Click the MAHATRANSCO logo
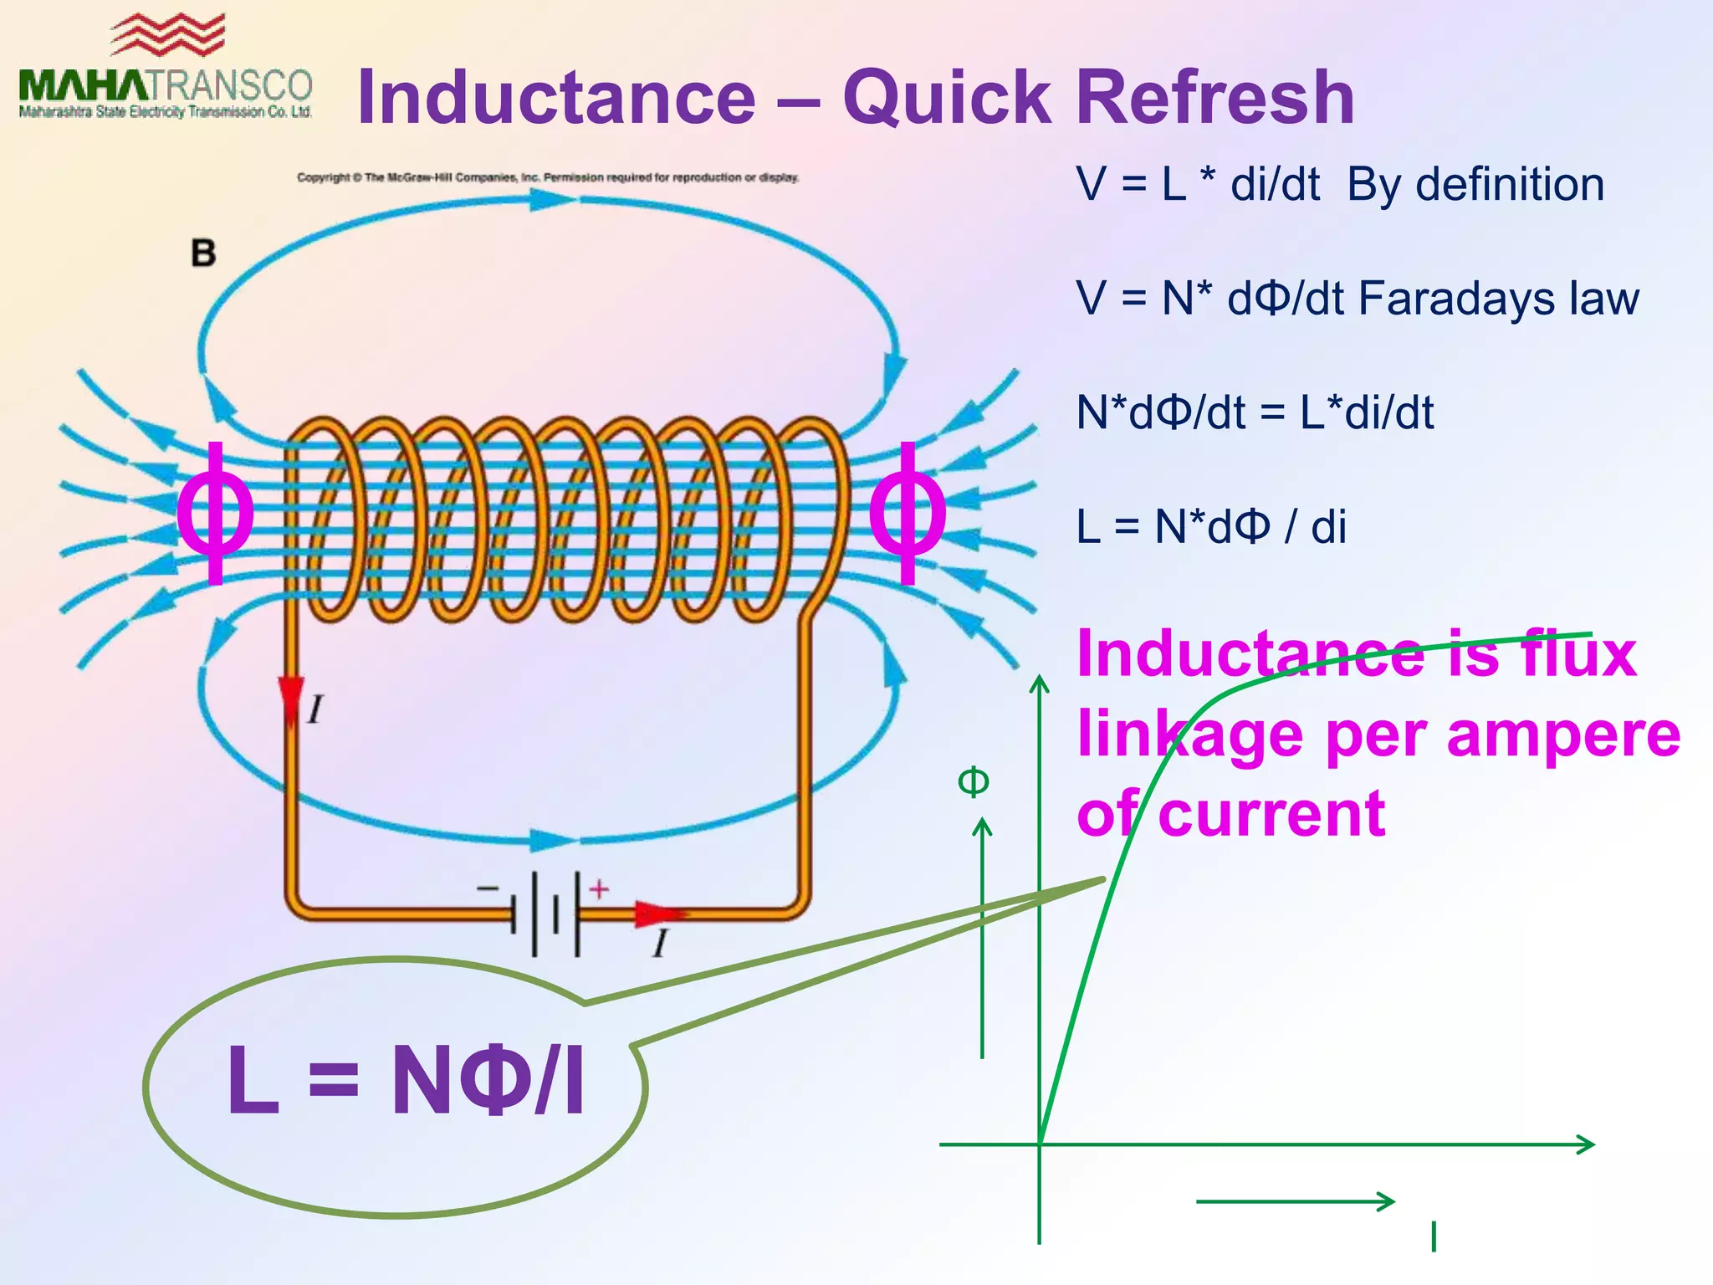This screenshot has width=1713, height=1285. (166, 71)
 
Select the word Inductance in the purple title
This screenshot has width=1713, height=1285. (556, 98)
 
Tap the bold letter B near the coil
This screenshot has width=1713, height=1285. (203, 253)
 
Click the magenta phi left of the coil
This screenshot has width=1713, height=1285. (216, 512)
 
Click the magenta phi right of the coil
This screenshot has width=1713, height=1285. (908, 512)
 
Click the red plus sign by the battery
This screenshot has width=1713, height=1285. (599, 889)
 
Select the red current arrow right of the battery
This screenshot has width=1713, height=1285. (658, 914)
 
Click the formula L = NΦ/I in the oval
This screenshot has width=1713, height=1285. (406, 1080)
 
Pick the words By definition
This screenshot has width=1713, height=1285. (1475, 185)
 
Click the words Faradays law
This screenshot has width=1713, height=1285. (1498, 299)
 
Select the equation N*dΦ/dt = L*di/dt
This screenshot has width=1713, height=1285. (1255, 412)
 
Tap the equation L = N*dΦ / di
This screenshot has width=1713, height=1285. (1211, 527)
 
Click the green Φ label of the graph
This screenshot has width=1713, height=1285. (973, 782)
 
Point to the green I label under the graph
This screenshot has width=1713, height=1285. (1434, 1236)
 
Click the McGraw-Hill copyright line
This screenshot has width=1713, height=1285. (548, 177)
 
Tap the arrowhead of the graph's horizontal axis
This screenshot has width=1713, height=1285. (1587, 1144)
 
